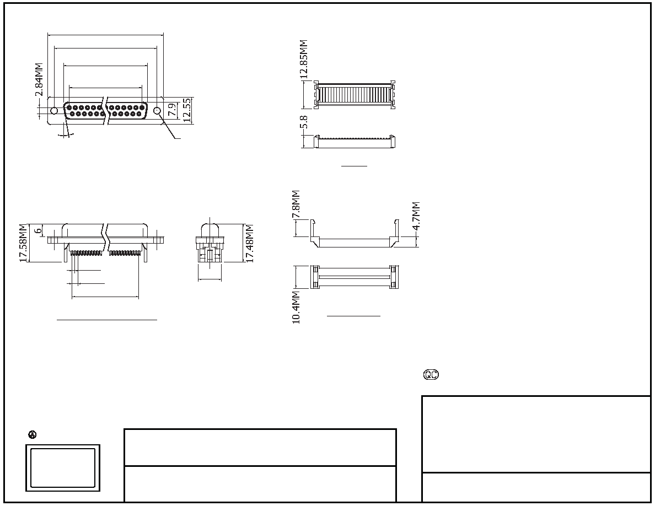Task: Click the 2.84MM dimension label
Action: pyautogui.click(x=39, y=80)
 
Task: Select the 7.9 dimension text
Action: pyautogui.click(x=171, y=110)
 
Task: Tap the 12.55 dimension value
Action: pyautogui.click(x=187, y=110)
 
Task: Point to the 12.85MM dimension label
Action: pyautogui.click(x=304, y=59)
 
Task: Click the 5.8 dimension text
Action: pyautogui.click(x=304, y=122)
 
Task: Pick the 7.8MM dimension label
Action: pyautogui.click(x=296, y=204)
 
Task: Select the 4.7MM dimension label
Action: pyautogui.click(x=416, y=216)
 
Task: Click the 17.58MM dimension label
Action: pyautogui.click(x=23, y=244)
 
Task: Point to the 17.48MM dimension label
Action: pyautogui.click(x=249, y=244)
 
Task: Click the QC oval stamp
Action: pyautogui.click(x=431, y=374)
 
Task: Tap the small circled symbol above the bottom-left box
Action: pyautogui.click(x=32, y=434)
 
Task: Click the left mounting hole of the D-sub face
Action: pyautogui.click(x=54, y=111)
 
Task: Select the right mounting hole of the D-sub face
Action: pyautogui.click(x=158, y=111)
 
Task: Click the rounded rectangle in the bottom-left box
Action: pyautogui.click(x=63, y=468)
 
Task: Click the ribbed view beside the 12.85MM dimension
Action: pyautogui.click(x=354, y=95)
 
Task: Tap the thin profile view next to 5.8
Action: pyautogui.click(x=354, y=142)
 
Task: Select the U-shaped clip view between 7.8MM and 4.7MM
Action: pyautogui.click(x=354, y=234)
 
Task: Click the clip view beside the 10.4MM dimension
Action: pyautogui.click(x=354, y=277)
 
